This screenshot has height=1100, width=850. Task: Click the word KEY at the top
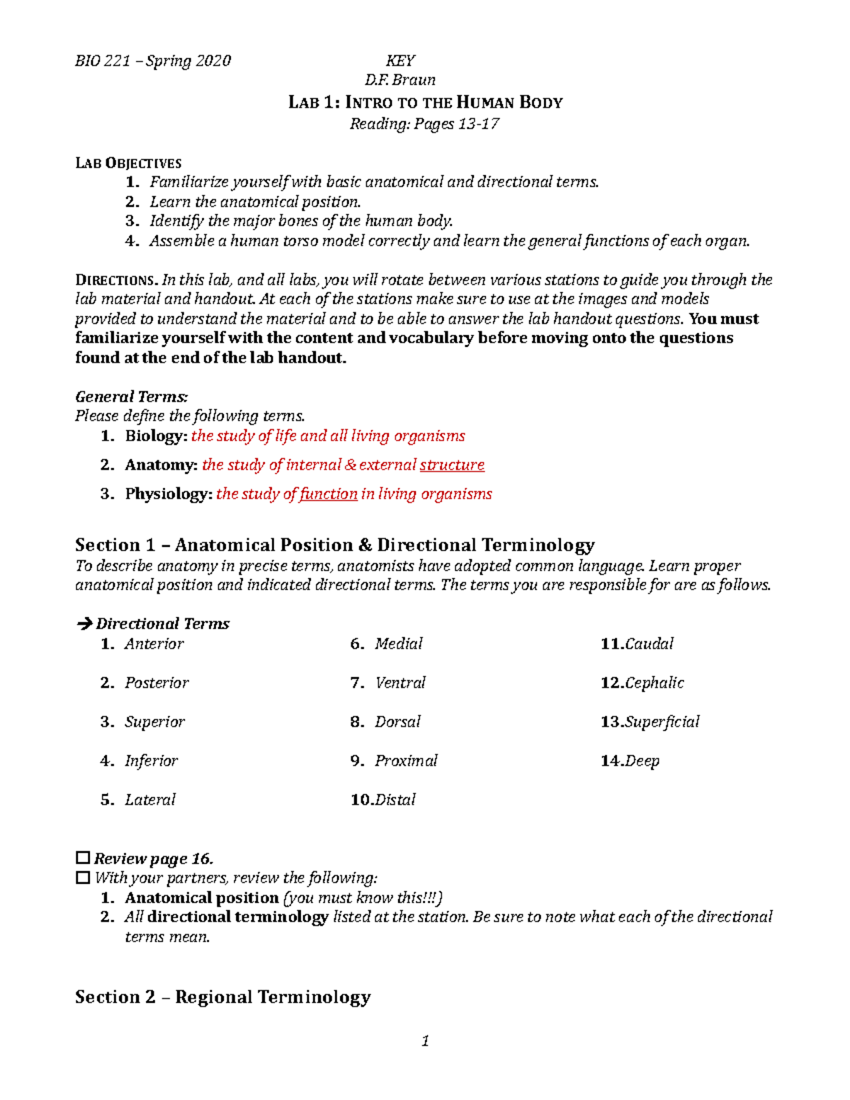[400, 61]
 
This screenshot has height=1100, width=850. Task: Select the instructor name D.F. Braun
[400, 80]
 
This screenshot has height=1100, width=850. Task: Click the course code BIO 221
[102, 61]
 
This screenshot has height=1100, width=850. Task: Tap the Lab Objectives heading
[128, 163]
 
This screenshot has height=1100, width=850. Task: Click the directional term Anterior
[154, 644]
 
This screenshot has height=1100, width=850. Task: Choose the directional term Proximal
[406, 761]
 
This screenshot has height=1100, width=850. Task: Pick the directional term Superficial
[662, 722]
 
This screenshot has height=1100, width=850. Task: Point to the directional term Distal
[395, 800]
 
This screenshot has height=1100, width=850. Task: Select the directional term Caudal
[649, 644]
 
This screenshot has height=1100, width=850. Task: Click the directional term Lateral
[149, 800]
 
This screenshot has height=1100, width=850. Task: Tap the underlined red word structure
[452, 465]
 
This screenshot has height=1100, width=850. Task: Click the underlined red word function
[328, 494]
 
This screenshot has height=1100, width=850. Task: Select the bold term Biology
[155, 436]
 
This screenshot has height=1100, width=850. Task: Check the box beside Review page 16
[83, 858]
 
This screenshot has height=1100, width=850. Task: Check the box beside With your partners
[83, 878]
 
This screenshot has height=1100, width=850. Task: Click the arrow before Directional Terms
[84, 624]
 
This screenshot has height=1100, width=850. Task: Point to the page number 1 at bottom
[425, 1041]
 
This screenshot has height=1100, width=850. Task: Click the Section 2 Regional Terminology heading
[222, 997]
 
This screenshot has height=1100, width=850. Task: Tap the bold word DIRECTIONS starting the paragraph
[115, 280]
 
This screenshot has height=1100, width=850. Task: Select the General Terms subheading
[131, 397]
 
